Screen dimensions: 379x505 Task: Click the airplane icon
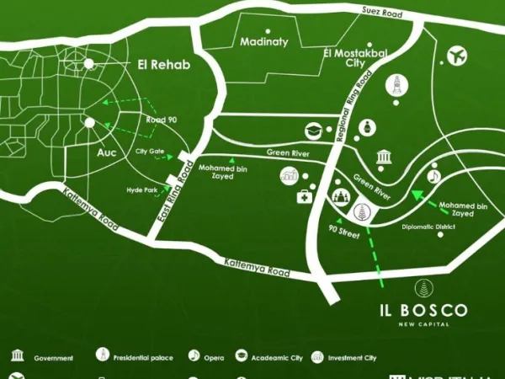(x=458, y=56)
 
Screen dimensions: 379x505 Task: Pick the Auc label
(x=107, y=154)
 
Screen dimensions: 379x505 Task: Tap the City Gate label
(x=150, y=152)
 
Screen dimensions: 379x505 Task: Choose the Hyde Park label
(x=142, y=190)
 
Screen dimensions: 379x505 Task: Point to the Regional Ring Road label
(x=357, y=106)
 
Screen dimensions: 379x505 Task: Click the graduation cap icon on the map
(x=313, y=131)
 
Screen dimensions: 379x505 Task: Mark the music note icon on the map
(x=434, y=176)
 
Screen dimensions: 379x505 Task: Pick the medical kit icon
(x=305, y=196)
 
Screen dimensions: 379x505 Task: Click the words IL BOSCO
(x=422, y=309)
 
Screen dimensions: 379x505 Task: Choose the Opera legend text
(x=214, y=358)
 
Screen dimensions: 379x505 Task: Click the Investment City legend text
(x=353, y=358)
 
